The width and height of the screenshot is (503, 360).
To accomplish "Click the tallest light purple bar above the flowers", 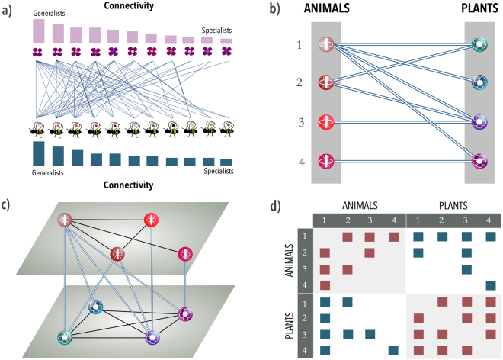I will (x=38, y=31).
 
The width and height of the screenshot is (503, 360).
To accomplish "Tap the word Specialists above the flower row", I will (x=216, y=31).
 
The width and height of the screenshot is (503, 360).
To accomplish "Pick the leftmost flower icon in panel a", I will (x=38, y=53).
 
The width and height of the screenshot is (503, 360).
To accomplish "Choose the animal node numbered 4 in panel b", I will (x=326, y=161).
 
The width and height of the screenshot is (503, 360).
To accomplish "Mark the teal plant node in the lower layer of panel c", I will (x=66, y=336).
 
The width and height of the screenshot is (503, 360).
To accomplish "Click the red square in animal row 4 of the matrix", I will (x=325, y=285).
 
